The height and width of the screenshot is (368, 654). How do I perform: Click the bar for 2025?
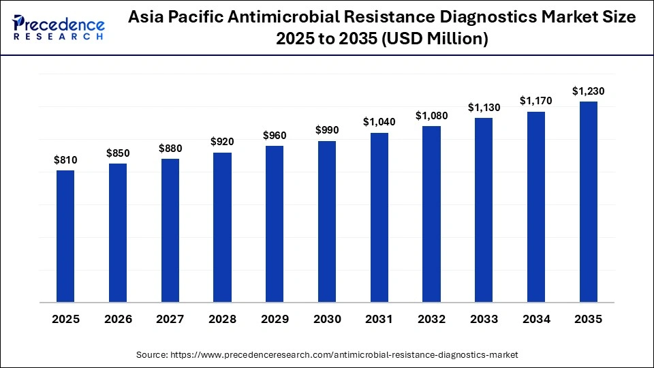65,236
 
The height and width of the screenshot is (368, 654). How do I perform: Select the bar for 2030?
327,221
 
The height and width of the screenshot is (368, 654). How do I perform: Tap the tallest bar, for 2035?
588,202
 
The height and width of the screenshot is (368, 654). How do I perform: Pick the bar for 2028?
222,227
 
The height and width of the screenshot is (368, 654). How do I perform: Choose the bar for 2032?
431,214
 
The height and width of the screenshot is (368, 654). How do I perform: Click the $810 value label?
65,160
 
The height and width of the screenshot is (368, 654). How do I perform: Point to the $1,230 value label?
588,91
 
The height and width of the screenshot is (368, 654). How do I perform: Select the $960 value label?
275,136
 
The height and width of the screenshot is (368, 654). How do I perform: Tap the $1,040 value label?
379,122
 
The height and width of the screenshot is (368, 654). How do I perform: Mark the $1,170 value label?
536,101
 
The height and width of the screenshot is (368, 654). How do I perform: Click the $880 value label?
170,148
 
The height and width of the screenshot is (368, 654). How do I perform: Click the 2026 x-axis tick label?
118,318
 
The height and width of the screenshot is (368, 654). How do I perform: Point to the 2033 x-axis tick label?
484,318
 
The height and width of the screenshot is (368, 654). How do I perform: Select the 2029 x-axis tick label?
275,318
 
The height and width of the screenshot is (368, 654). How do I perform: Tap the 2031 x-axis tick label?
379,318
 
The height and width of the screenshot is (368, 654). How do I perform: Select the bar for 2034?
536,206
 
